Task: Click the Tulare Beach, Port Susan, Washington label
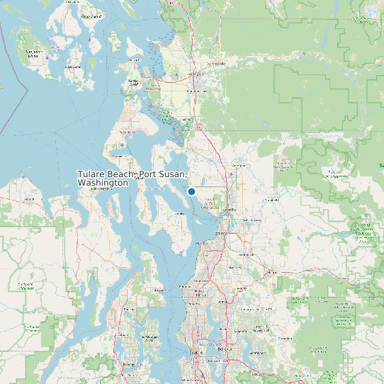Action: click(x=132, y=178)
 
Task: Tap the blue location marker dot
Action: click(x=191, y=191)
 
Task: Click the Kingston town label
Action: click(x=160, y=290)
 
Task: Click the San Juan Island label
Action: click(x=33, y=53)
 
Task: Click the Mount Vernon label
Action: click(x=196, y=91)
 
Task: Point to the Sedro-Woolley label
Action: click(x=215, y=64)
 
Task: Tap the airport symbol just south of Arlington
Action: click(x=232, y=174)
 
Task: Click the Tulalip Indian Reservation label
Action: click(x=210, y=206)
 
